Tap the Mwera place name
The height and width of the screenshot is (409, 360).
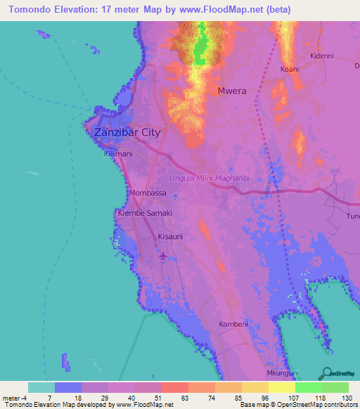click(x=231, y=91)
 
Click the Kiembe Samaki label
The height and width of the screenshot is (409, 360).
click(x=145, y=212)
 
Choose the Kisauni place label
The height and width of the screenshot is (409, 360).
click(x=170, y=237)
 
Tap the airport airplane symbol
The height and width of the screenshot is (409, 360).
click(x=164, y=257)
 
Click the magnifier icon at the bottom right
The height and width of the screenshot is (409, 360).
click(x=327, y=372)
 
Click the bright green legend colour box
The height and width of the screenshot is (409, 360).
click(x=308, y=387)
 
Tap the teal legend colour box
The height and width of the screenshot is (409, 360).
click(x=41, y=387)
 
